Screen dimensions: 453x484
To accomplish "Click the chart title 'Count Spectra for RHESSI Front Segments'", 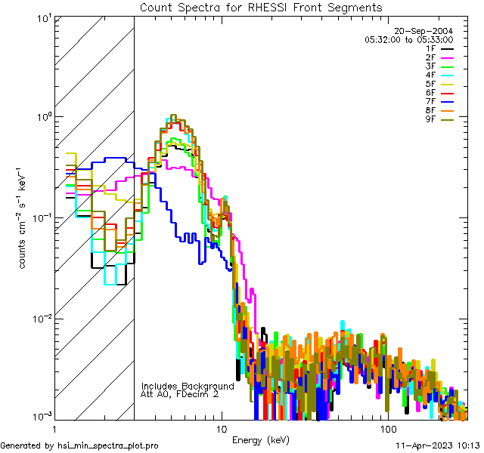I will pyautogui.click(x=261, y=7).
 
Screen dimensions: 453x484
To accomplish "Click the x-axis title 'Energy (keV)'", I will pyautogui.click(x=259, y=439).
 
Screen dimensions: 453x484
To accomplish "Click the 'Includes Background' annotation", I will pyautogui.click(x=188, y=386).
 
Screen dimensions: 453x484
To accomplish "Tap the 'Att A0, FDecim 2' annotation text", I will pyautogui.click(x=179, y=394).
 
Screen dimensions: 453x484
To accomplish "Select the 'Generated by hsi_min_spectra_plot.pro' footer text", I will pyautogui.click(x=79, y=445).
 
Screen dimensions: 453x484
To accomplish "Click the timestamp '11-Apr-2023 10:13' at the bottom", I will pyautogui.click(x=439, y=445).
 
